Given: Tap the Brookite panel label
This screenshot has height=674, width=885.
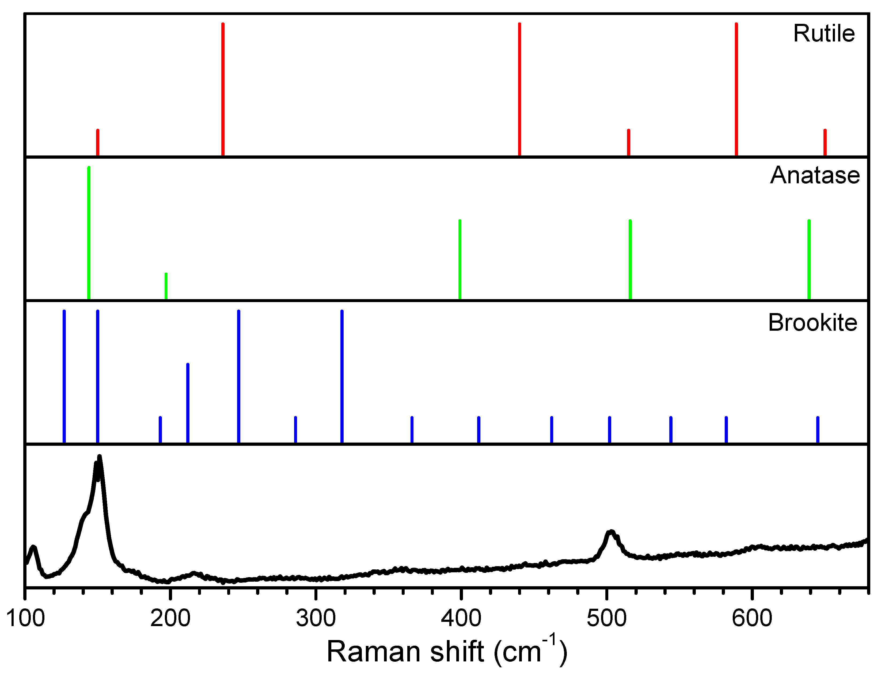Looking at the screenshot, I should [812, 323].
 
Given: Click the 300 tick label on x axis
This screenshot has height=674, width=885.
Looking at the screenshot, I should [316, 618].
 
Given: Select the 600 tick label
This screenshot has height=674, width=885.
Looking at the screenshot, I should [751, 618].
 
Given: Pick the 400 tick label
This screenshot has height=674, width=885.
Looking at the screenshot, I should [461, 618].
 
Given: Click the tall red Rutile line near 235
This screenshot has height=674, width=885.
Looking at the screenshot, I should [223, 88].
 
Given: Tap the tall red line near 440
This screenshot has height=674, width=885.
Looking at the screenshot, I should [519, 88].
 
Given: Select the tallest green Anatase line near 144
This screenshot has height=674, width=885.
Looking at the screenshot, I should [89, 233].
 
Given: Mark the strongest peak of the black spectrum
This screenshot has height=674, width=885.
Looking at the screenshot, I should [100, 457].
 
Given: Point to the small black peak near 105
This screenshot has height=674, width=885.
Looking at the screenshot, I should [33, 547].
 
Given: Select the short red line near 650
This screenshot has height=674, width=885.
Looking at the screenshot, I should [825, 142].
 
